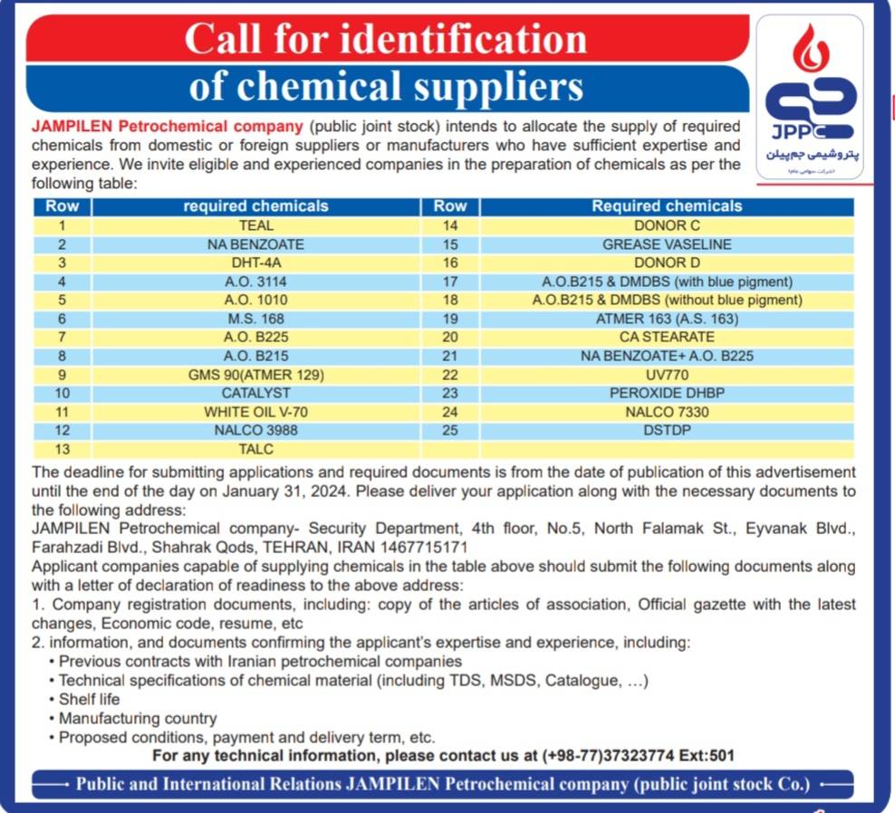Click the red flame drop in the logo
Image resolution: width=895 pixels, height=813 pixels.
coord(809,49)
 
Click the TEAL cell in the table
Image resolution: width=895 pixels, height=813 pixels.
coord(255,225)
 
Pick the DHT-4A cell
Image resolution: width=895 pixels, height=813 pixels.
coord(255,263)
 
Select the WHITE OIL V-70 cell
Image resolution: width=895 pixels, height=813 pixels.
coord(255,411)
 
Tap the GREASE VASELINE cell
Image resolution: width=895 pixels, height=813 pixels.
coord(667,244)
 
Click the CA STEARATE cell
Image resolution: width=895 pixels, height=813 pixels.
coord(667,337)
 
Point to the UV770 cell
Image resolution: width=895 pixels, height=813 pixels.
coord(667,374)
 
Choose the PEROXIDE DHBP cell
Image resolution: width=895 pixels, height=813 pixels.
coord(667,393)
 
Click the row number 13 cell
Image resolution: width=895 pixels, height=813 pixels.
coord(62,449)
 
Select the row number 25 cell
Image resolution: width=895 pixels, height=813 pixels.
coord(450,430)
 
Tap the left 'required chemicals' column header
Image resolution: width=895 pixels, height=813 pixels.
coord(255,206)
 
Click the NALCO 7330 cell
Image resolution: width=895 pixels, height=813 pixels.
coord(667,411)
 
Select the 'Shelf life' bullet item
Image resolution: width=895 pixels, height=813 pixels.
coord(89,699)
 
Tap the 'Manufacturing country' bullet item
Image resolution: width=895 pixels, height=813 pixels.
coord(138,718)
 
